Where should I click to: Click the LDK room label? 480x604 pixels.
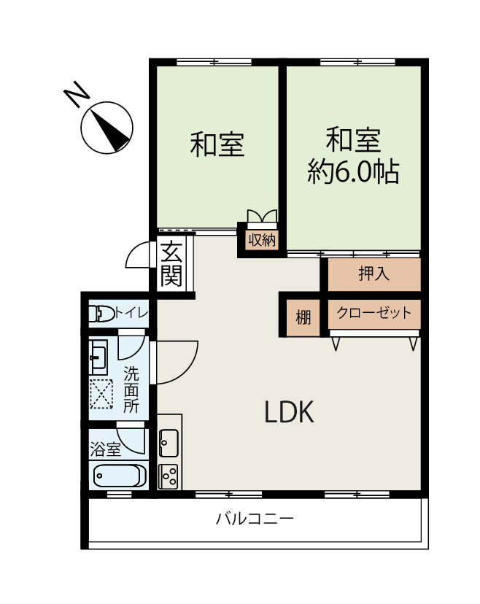tap(290, 411)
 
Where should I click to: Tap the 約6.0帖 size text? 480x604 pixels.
tap(353, 171)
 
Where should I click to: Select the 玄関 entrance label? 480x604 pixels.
tap(171, 264)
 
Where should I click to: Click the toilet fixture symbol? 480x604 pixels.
tap(101, 313)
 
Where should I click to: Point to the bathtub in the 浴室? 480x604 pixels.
tap(120, 476)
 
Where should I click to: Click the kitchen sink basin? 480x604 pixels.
tap(169, 443)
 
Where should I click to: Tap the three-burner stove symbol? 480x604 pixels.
tap(169, 476)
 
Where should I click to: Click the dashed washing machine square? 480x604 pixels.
tap(101, 394)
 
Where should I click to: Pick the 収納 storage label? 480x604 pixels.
tap(262, 239)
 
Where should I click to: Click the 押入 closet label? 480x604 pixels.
tap(373, 274)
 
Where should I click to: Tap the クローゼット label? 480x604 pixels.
tap(374, 313)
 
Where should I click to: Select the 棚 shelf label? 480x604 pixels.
tap(303, 318)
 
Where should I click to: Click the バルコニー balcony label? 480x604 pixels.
tap(255, 519)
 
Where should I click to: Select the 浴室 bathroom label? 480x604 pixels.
tap(105, 449)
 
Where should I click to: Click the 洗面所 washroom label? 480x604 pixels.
tap(131, 390)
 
